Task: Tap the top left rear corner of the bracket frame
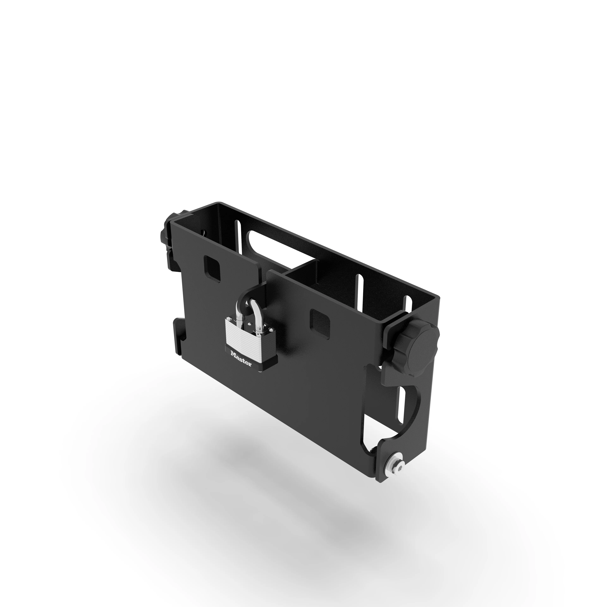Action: pos(217,203)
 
